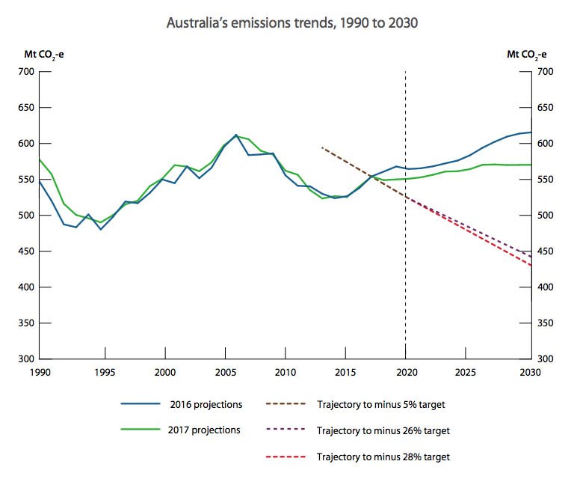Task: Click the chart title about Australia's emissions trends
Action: point(292,22)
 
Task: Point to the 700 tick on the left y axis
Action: point(26,72)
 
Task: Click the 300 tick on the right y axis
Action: point(547,359)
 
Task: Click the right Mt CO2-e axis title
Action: point(526,54)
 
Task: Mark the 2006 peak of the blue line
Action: point(236,135)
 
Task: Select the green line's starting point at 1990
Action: point(39,159)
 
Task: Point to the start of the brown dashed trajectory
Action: point(321,147)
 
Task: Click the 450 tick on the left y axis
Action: point(26,251)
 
